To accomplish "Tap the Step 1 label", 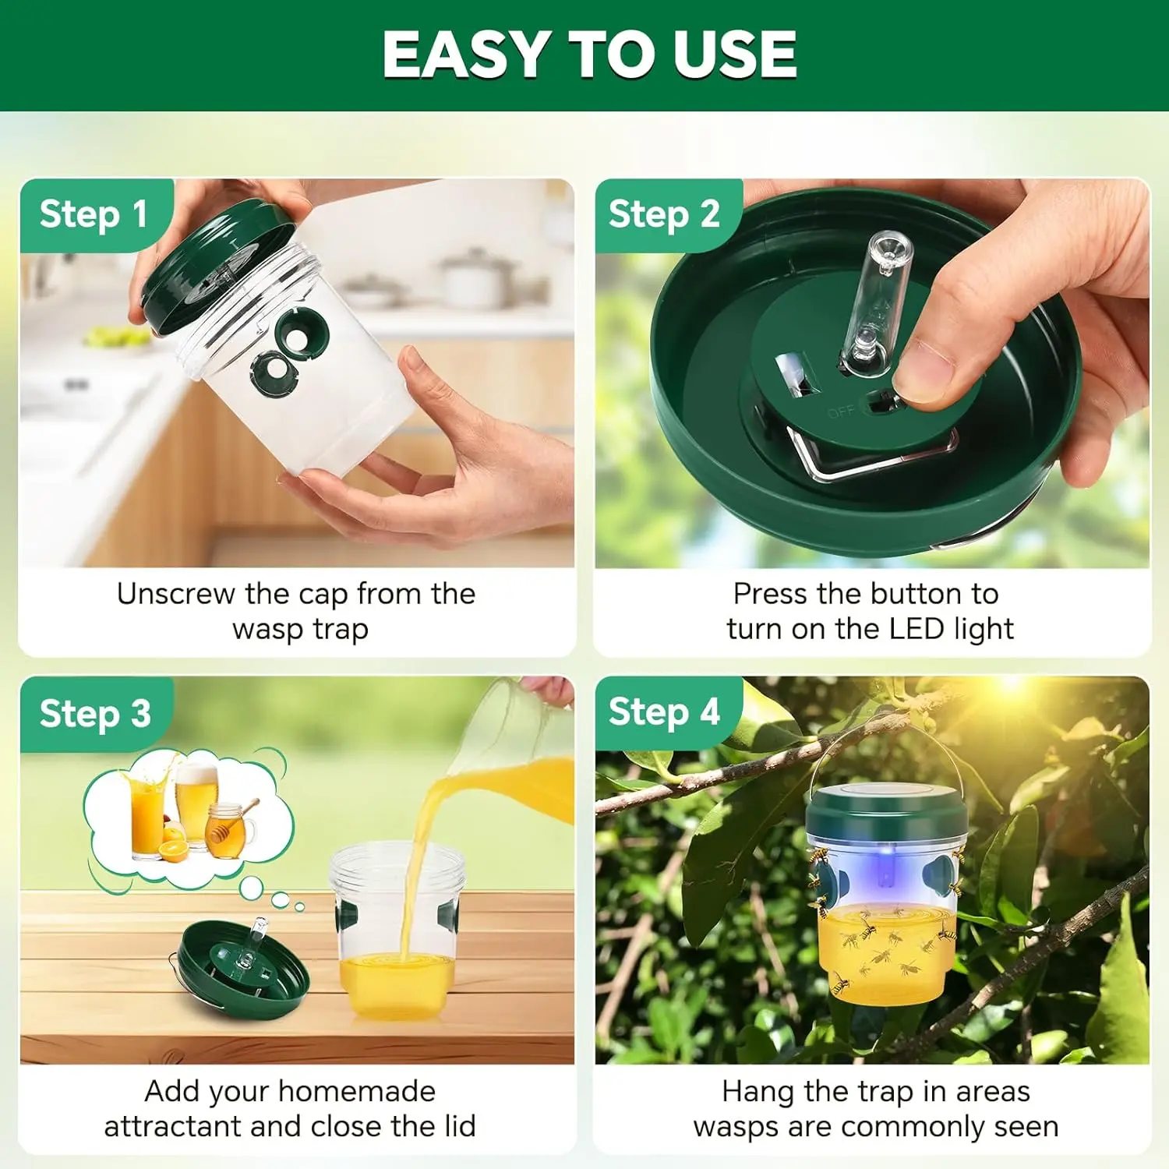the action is [94, 214].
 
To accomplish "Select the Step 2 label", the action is [664, 214].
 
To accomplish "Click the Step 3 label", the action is [95, 713].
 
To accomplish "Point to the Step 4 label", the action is [664, 712].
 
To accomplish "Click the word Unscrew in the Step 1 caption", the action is [175, 594].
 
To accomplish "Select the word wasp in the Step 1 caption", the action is [267, 630].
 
